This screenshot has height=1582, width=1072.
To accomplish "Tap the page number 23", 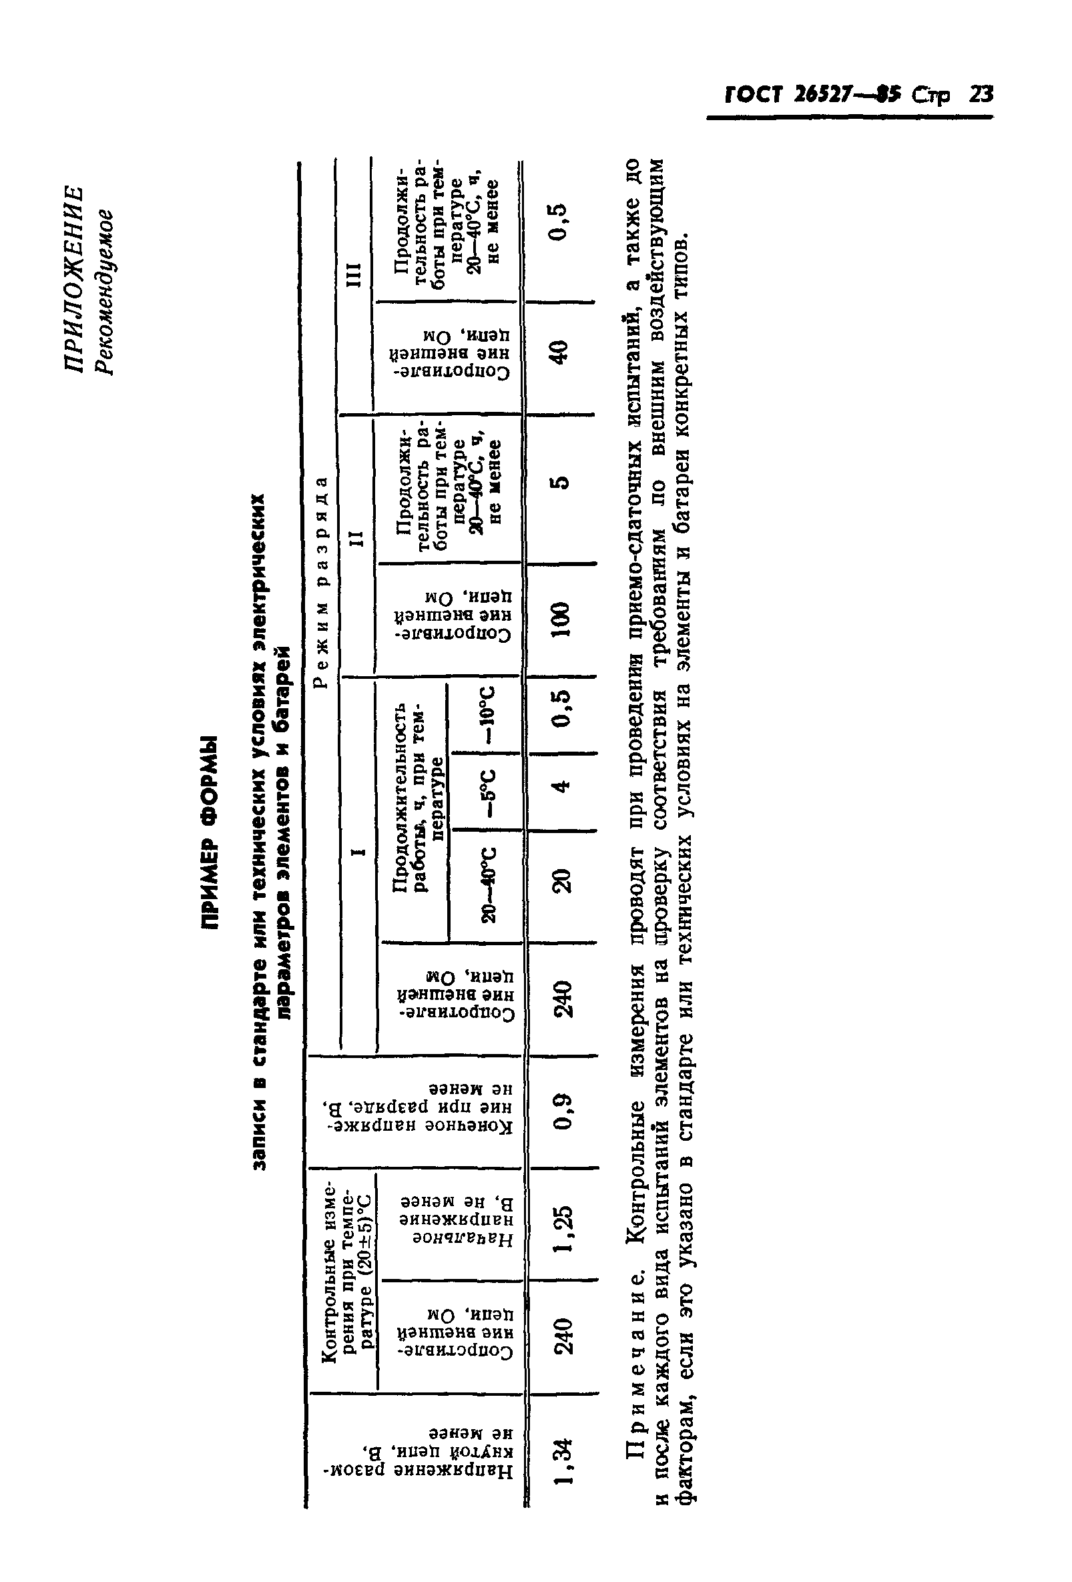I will [x=981, y=95].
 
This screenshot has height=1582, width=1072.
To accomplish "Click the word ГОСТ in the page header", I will [x=755, y=95].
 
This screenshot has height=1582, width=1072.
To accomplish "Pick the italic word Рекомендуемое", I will [x=105, y=293].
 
